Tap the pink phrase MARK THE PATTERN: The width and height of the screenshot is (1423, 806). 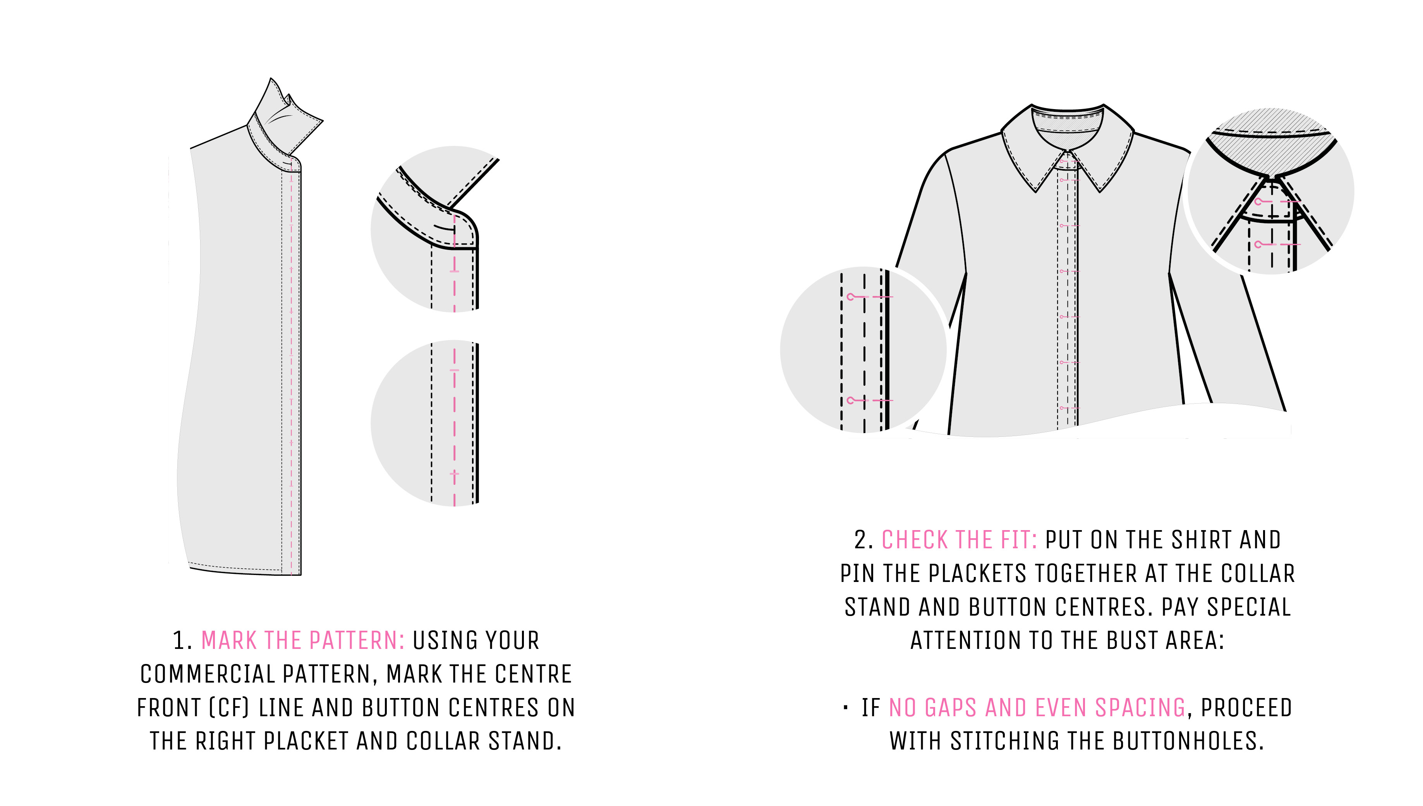302,640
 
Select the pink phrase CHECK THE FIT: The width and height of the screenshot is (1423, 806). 959,540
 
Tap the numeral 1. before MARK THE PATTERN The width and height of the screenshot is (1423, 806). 182,640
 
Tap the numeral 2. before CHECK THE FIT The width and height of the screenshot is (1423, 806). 863,540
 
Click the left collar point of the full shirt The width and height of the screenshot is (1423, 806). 1036,191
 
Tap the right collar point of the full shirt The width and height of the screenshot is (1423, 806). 1100,191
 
